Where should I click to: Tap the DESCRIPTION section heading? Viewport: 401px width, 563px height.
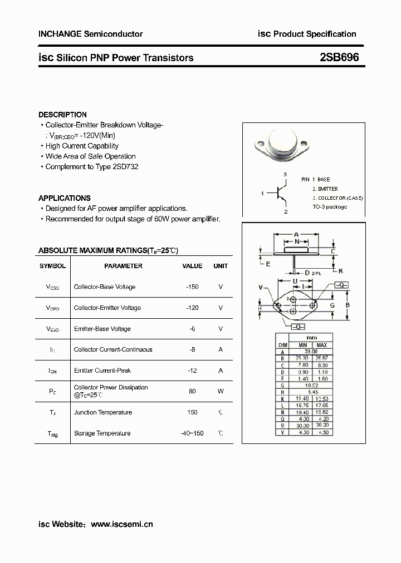tap(62, 115)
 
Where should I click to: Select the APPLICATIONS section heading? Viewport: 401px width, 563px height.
tap(64, 198)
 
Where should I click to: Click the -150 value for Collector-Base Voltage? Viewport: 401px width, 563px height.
tap(192, 287)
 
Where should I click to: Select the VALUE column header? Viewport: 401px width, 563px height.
tap(192, 266)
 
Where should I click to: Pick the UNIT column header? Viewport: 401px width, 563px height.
tap(221, 266)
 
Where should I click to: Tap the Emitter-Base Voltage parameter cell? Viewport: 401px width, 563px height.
tap(102, 329)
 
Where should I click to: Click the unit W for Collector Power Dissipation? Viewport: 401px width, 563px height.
tap(221, 391)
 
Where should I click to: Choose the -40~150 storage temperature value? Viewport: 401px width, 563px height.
tap(192, 433)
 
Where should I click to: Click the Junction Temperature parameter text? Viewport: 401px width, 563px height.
tap(102, 412)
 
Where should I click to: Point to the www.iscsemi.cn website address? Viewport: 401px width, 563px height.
tap(121, 524)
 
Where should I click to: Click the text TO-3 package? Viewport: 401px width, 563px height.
tap(330, 207)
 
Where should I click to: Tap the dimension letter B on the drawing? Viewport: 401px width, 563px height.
tap(347, 305)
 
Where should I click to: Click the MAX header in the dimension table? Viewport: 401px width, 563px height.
tap(322, 345)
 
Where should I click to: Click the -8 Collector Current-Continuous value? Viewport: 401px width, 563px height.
tap(192, 349)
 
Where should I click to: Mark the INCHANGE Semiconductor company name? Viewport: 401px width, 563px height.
tap(90, 34)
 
